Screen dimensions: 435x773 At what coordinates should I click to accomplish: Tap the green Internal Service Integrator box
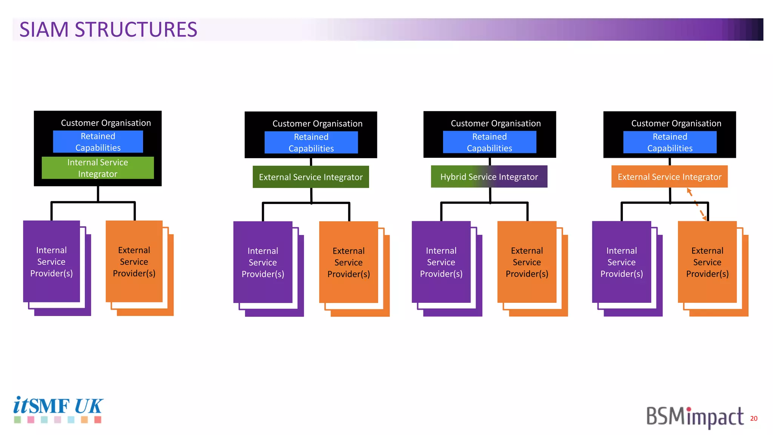[98, 168]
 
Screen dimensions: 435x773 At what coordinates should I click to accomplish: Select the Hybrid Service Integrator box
[489, 177]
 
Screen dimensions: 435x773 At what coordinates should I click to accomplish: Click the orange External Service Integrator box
[669, 177]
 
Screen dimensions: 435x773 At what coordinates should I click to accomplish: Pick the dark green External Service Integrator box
[311, 177]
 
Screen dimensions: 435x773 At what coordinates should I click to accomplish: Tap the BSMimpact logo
[694, 417]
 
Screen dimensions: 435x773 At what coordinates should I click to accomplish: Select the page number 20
[754, 418]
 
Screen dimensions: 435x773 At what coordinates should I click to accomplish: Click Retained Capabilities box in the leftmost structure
[98, 142]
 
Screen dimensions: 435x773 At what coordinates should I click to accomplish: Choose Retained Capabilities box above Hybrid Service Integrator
[490, 142]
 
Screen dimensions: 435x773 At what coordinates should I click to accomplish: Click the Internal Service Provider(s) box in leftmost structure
[51, 262]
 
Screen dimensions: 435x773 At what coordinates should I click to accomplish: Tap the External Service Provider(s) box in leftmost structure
[134, 262]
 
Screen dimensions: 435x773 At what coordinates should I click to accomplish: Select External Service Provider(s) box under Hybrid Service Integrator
[527, 262]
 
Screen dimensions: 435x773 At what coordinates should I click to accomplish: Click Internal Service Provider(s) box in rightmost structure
[622, 262]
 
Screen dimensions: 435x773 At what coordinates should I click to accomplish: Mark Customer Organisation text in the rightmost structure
[676, 123]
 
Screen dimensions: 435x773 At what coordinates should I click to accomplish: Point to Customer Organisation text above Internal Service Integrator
[106, 123]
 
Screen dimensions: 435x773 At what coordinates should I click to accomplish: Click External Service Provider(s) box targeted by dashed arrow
[707, 262]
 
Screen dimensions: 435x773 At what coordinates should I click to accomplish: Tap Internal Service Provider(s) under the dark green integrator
[263, 262]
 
